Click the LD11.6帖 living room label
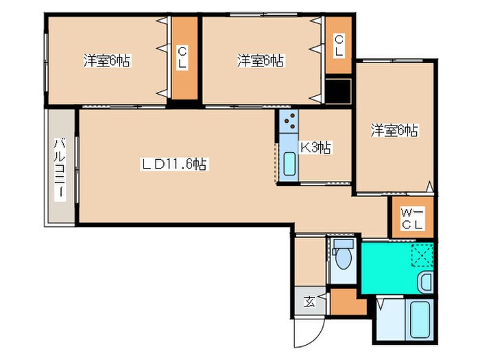(x=174, y=164)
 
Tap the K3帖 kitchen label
(x=315, y=148)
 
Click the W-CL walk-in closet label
(x=412, y=218)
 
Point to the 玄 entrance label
(x=309, y=302)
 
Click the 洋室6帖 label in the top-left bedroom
(x=107, y=60)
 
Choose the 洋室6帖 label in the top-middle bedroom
(x=261, y=60)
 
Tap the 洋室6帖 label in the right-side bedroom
(x=394, y=130)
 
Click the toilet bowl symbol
(x=343, y=259)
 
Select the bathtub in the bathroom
(x=419, y=320)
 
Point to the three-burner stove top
(x=289, y=121)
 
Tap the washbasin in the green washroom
(x=426, y=282)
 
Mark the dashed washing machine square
(x=422, y=255)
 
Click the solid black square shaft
(x=338, y=91)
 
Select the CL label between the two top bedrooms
(x=182, y=58)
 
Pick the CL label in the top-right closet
(x=339, y=45)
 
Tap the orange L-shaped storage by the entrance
(x=346, y=302)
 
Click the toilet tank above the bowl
(x=344, y=244)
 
